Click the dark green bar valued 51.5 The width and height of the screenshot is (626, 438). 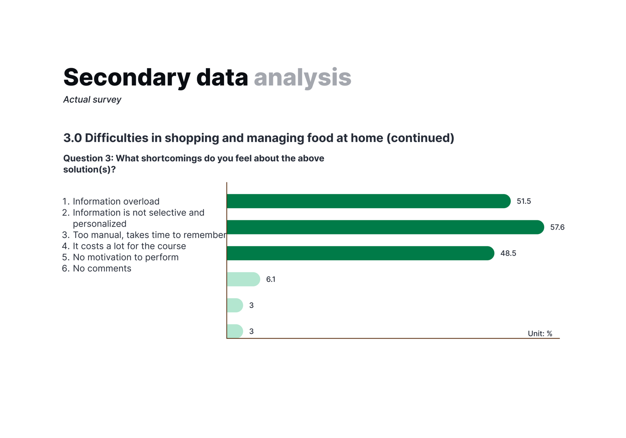pyautogui.click(x=369, y=201)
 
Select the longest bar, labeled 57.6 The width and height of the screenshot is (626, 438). pyautogui.click(x=385, y=227)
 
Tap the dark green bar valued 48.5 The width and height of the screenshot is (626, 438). pyautogui.click(x=360, y=253)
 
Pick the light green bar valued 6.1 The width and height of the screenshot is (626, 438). pyautogui.click(x=243, y=279)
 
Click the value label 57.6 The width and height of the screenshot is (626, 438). pyautogui.click(x=557, y=227)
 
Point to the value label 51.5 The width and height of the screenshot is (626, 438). pyautogui.click(x=524, y=201)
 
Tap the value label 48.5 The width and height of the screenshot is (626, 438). pyautogui.click(x=508, y=253)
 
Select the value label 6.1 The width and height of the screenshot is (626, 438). pyautogui.click(x=270, y=279)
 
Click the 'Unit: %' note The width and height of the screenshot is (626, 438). pyautogui.click(x=540, y=333)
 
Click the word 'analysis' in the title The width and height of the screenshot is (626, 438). pyautogui.click(x=302, y=78)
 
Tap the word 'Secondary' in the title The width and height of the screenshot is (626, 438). pyautogui.click(x=127, y=77)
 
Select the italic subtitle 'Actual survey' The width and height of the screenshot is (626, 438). pyautogui.click(x=92, y=100)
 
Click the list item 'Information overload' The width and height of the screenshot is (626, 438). pyautogui.click(x=116, y=201)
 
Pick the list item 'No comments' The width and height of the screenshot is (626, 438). pyautogui.click(x=102, y=269)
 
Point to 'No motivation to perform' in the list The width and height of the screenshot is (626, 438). pyautogui.click(x=126, y=257)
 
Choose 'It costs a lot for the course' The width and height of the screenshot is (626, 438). pyautogui.click(x=130, y=246)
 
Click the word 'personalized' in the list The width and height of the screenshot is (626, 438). pyautogui.click(x=99, y=224)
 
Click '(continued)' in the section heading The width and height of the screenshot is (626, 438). pyautogui.click(x=420, y=138)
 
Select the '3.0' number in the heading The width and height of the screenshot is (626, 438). pyautogui.click(x=72, y=138)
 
